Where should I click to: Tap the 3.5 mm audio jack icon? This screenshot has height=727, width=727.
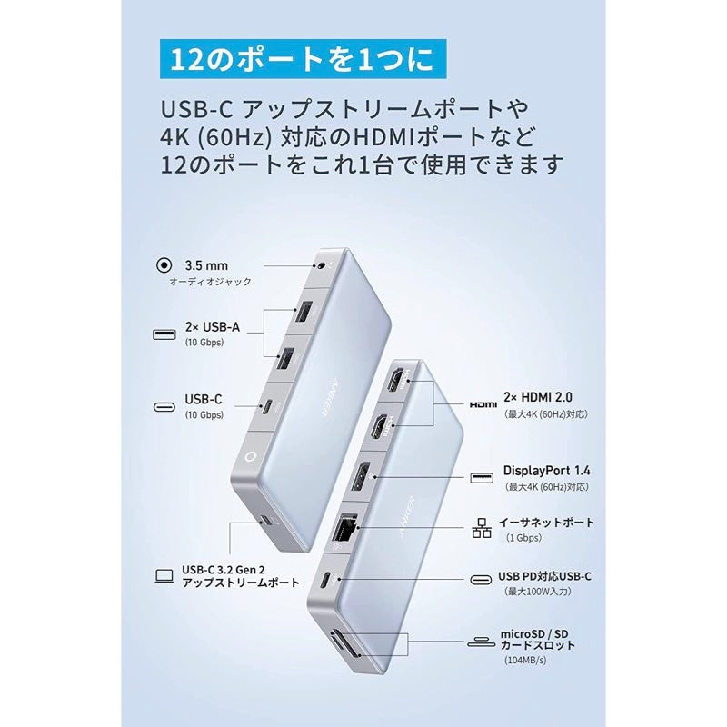164,267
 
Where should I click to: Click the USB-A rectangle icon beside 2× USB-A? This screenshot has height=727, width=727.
164,334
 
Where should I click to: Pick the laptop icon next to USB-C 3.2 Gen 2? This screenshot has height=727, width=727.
164,574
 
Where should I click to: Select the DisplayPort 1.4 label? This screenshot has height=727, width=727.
546,471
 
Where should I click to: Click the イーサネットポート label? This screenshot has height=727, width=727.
546,523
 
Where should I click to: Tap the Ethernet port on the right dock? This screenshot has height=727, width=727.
346,529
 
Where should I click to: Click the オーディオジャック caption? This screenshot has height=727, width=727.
210,283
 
